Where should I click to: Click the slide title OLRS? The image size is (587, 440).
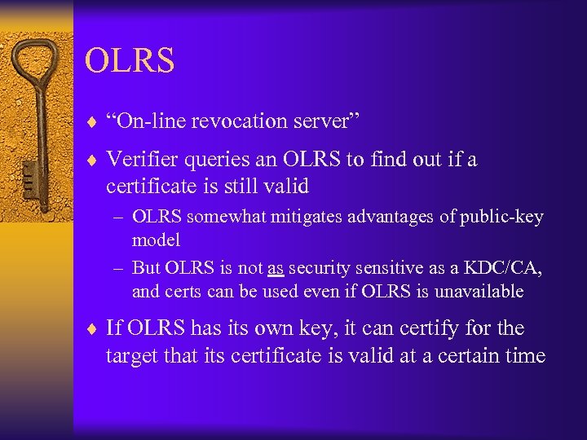coord(130,61)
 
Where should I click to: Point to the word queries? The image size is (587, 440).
coord(227,160)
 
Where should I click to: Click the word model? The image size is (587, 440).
coord(156,240)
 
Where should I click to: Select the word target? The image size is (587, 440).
coord(130,356)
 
